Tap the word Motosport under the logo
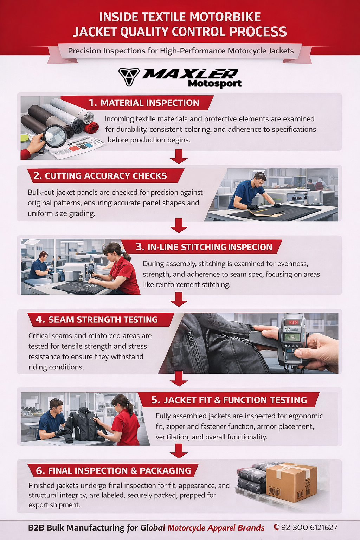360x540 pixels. (x=215, y=84)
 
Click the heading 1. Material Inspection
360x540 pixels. (x=144, y=103)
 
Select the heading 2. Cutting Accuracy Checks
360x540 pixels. (x=100, y=176)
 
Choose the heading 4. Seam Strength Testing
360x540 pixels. (x=96, y=320)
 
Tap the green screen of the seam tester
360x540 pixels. (x=292, y=337)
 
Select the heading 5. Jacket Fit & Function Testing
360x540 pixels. (x=229, y=400)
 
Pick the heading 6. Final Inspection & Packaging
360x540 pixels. (x=114, y=470)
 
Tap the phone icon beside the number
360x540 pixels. (x=277, y=527)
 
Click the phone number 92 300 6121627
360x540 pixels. (x=309, y=527)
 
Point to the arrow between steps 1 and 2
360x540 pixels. (x=179, y=157)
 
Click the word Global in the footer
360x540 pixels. (x=153, y=527)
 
